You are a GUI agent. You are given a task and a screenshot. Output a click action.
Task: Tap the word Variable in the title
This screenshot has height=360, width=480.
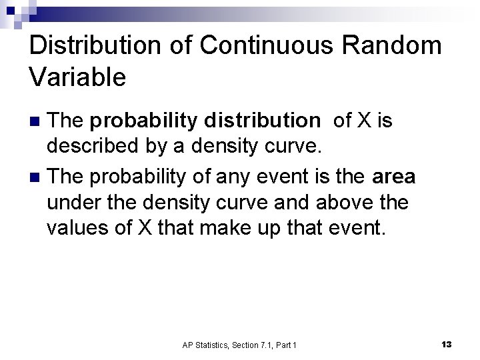point(77,77)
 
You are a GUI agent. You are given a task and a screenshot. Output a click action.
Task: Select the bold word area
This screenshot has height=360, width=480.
point(394,177)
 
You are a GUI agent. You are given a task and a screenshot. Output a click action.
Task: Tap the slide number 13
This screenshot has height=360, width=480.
point(446,344)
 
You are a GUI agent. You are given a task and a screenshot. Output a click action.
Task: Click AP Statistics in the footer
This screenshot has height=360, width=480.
point(205,345)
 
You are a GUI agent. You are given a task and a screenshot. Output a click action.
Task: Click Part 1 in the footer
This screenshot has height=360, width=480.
point(287,345)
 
